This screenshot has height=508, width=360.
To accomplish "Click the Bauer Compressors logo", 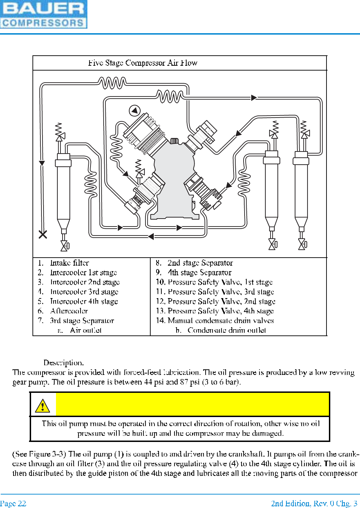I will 44,14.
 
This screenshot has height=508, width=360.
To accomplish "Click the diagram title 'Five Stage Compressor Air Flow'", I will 142,63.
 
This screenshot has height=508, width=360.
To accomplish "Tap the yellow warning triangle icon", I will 42,405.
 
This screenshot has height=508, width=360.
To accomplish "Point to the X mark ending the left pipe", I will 43,234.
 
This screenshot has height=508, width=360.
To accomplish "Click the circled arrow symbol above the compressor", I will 134,111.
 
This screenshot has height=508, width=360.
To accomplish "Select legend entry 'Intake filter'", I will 69,263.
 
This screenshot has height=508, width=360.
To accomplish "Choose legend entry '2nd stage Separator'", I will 200,263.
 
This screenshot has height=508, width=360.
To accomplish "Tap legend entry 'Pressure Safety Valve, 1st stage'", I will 220,282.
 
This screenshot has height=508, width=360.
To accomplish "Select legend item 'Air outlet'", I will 86,330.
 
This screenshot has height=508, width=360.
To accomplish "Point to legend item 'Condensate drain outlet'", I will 227,330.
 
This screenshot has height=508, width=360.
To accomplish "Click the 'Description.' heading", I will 64,363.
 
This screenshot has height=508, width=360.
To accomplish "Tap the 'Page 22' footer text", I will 13,504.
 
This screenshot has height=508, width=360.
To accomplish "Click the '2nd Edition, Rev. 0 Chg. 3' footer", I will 314,504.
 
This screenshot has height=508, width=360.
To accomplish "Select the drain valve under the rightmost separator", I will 302,244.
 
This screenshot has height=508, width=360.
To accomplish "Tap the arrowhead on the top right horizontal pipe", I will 254,98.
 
